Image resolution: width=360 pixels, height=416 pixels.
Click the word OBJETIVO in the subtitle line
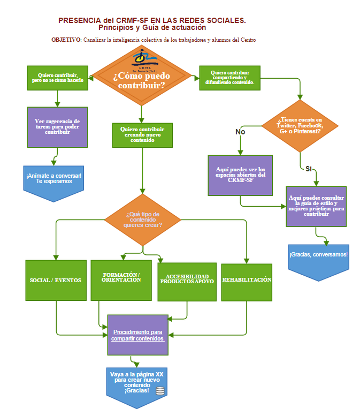tap(66, 40)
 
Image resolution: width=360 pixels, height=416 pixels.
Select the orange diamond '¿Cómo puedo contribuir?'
tap(142, 79)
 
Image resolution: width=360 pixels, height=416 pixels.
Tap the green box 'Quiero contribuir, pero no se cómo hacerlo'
tap(57, 78)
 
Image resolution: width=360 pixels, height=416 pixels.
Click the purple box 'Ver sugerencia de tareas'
tap(57, 127)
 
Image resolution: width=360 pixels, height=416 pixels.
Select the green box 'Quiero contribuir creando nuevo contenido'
tap(142, 135)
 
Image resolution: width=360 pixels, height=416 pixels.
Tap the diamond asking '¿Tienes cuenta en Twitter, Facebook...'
tap(300, 126)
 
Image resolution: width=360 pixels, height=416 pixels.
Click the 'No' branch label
tap(240, 131)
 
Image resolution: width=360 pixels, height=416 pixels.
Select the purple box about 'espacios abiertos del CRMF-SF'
tap(240, 175)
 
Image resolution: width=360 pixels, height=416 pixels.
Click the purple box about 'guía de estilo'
tap(316, 206)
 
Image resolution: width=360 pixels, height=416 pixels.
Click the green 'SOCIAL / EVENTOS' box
tap(56, 280)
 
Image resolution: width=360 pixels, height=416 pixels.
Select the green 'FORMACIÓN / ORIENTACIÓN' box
tap(121, 280)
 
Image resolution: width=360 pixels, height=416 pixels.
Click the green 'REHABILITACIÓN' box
tap(247, 280)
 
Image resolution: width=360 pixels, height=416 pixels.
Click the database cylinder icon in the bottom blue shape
tap(160, 391)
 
